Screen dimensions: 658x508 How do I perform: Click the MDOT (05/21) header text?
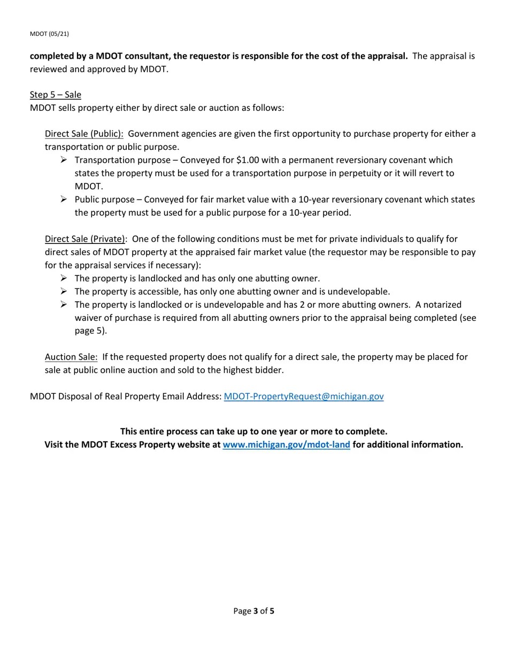[x=49, y=34]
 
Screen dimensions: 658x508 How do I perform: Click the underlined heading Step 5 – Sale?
[x=56, y=95]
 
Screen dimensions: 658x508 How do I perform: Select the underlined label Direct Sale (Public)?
[x=84, y=134]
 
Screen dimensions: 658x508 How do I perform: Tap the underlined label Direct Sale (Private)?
[x=84, y=239]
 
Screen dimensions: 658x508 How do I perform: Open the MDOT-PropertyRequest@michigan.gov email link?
[x=303, y=396]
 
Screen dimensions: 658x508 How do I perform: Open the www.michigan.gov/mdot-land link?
[x=286, y=445]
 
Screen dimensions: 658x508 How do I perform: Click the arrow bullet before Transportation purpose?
[x=64, y=160]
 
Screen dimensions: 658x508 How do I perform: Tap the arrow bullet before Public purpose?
[x=64, y=199]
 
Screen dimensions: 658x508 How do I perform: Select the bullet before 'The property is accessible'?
[x=64, y=292]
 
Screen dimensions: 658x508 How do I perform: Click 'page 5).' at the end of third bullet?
[x=91, y=331]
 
